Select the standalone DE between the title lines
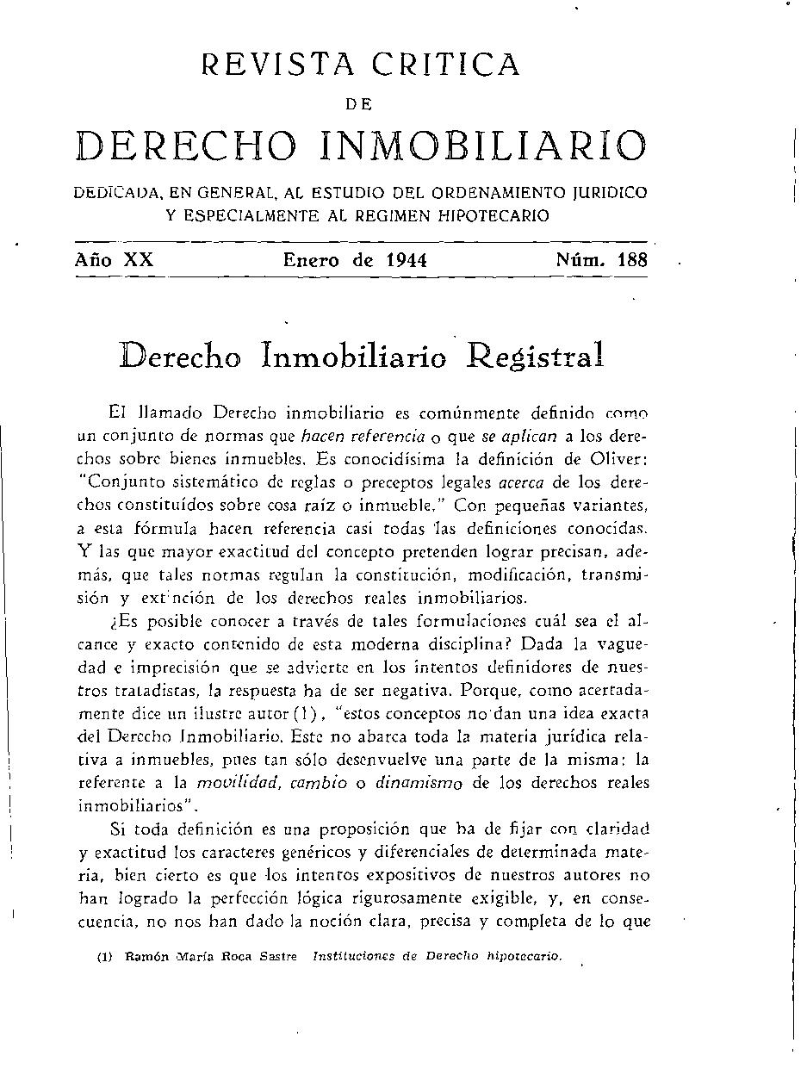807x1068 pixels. pyautogui.click(x=359, y=104)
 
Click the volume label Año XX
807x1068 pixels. pyautogui.click(x=114, y=259)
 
